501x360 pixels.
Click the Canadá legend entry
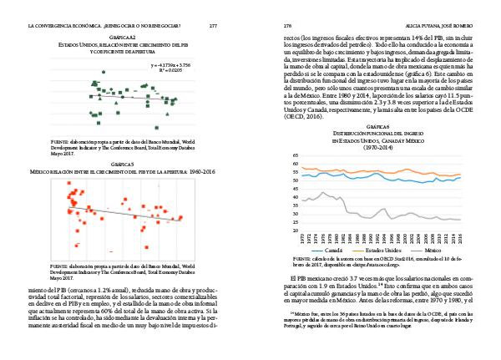coord(331,250)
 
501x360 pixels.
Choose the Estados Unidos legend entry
coord(385,250)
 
